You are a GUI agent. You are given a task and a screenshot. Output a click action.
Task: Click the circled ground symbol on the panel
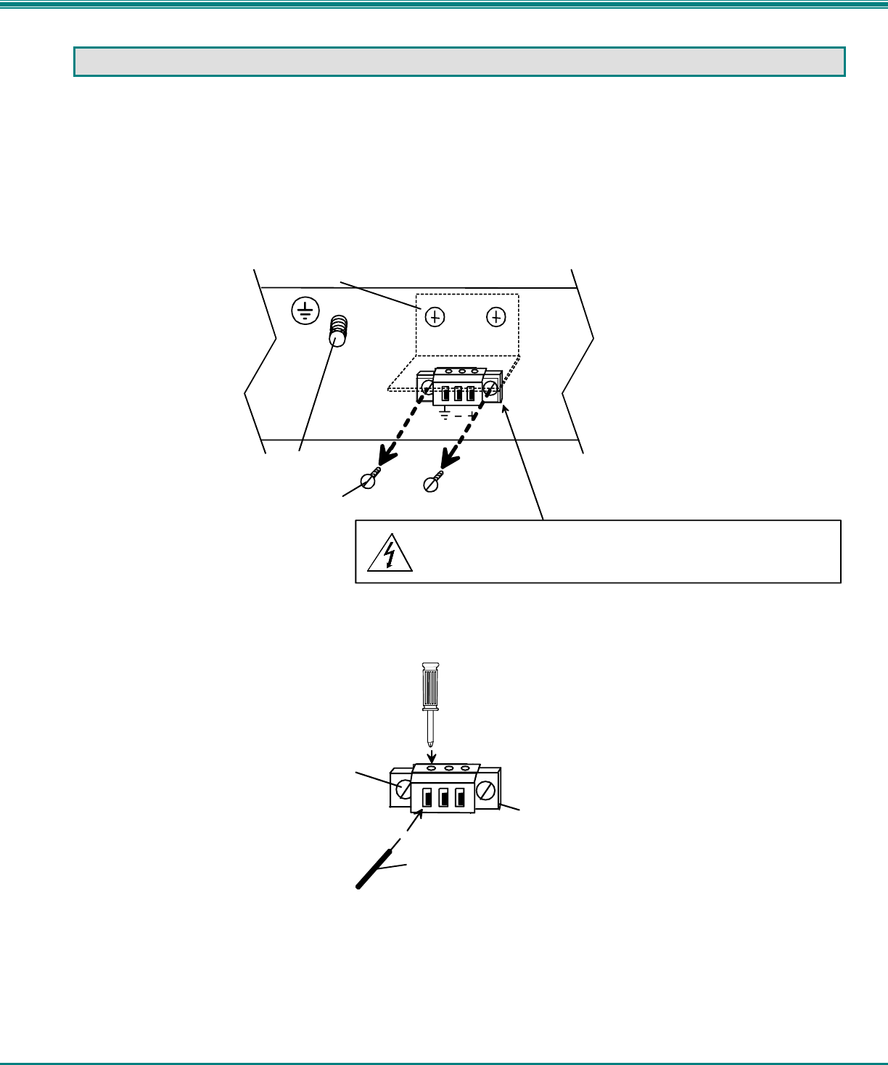[x=305, y=311]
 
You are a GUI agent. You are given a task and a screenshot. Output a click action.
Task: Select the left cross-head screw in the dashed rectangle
[x=435, y=317]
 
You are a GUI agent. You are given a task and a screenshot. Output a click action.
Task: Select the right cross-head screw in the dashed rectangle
[x=496, y=317]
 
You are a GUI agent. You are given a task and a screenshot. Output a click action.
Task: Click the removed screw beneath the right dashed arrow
[x=432, y=482]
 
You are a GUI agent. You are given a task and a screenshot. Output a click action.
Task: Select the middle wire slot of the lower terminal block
[x=443, y=798]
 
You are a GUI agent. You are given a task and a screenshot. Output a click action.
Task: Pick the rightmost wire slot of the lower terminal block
[x=459, y=798]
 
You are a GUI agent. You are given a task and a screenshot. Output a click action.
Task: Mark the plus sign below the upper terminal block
[x=472, y=415]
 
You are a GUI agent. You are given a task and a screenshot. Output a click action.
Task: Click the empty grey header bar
[x=460, y=62]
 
